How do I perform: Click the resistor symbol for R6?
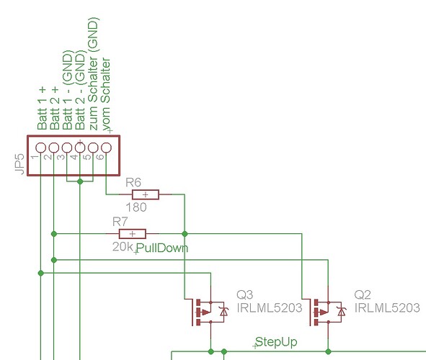coord(146,194)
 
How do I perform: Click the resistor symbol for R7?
coord(132,233)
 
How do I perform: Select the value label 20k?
coord(123,247)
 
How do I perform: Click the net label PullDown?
coord(162,248)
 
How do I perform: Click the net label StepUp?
coord(276,341)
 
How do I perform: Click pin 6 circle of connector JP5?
coord(106,148)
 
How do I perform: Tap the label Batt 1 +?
coord(43,107)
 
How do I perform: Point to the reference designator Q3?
coord(245,294)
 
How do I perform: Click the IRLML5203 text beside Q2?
coord(388,308)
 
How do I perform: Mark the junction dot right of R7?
coord(185,233)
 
